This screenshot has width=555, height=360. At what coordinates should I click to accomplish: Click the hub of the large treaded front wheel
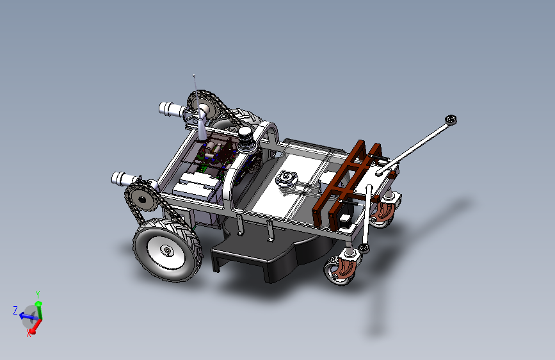click(167, 251)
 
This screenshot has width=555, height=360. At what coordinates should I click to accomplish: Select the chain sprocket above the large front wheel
click(141, 199)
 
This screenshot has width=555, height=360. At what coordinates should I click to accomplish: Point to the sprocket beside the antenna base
click(202, 106)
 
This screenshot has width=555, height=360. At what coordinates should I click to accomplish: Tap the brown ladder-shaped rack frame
click(347, 182)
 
